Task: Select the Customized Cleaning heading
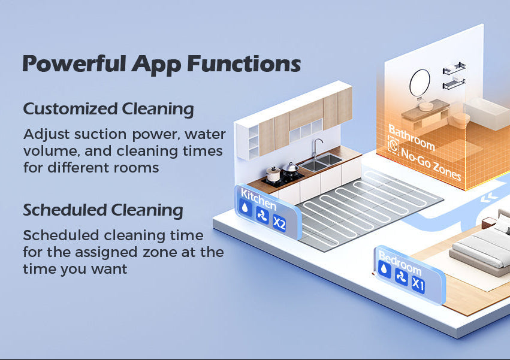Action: click(x=108, y=109)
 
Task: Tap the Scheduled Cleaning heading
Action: click(x=103, y=210)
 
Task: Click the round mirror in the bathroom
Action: click(x=420, y=83)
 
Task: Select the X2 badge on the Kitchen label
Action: click(x=279, y=223)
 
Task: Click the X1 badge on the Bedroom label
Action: click(x=418, y=286)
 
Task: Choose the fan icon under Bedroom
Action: click(x=401, y=278)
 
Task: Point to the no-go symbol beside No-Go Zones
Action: click(x=394, y=147)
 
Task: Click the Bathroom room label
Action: click(x=411, y=137)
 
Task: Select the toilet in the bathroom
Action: click(x=460, y=122)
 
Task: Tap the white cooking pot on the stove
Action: click(x=273, y=174)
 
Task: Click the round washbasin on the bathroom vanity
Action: click(x=425, y=106)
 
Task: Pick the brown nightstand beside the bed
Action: click(x=488, y=223)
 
